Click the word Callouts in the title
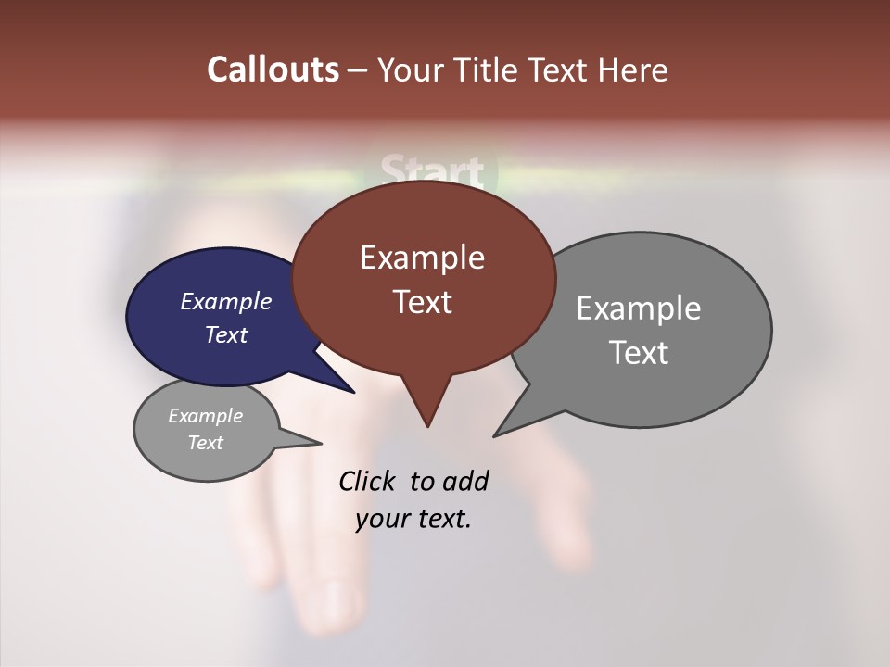pyautogui.click(x=273, y=69)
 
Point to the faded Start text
pyautogui.click(x=432, y=172)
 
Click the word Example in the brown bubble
pyautogui.click(x=422, y=258)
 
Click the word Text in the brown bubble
pyautogui.click(x=422, y=302)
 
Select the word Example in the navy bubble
pyautogui.click(x=226, y=301)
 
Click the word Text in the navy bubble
pyautogui.click(x=226, y=334)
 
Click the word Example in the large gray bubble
pyautogui.click(x=639, y=308)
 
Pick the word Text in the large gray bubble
pyautogui.click(x=639, y=353)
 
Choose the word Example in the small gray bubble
pyautogui.click(x=206, y=416)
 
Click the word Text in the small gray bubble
pyautogui.click(x=206, y=443)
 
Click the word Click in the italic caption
pyautogui.click(x=368, y=481)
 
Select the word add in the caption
pyautogui.click(x=465, y=481)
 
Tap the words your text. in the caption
pyautogui.click(x=413, y=519)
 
